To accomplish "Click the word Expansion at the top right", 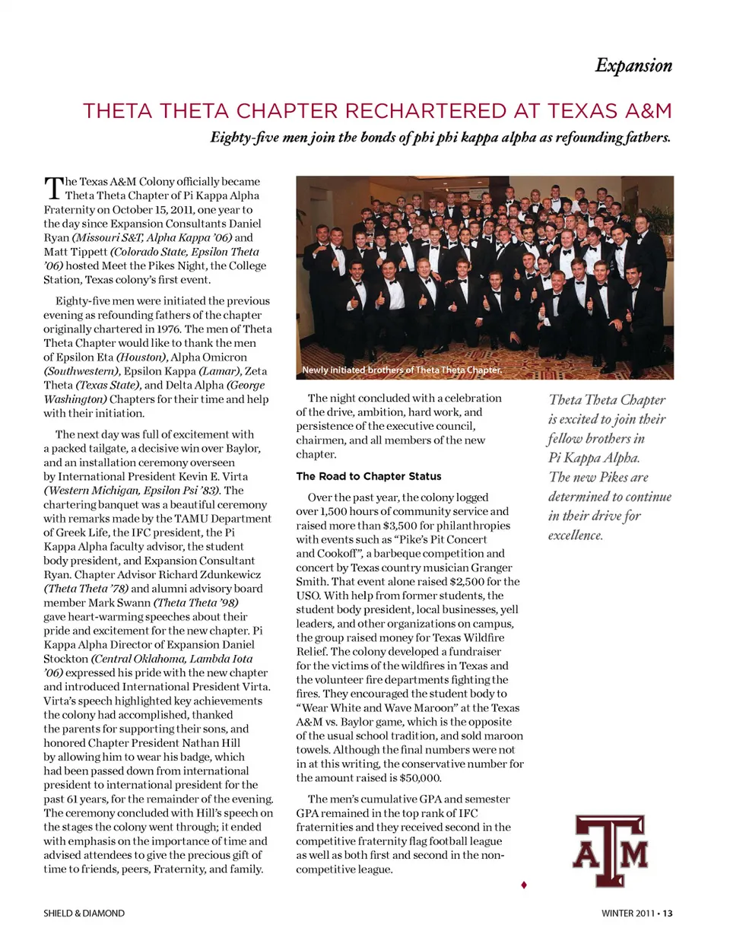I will [633, 65].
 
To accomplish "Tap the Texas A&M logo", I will [610, 851].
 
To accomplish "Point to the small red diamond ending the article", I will [524, 885].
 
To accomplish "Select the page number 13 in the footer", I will [667, 913].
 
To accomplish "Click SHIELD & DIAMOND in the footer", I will [84, 913].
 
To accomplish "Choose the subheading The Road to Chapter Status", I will [368, 476].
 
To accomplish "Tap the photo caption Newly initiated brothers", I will [401, 370].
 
